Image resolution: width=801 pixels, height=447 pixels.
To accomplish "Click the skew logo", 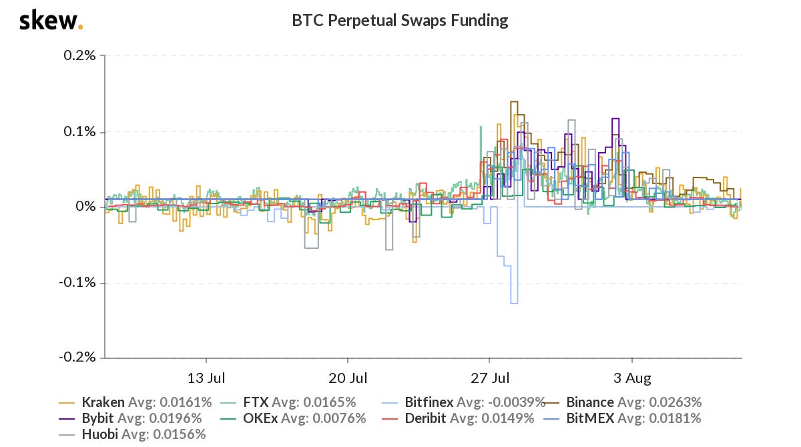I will (51, 21).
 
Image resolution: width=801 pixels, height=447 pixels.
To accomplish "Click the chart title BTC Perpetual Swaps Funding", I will (400, 21).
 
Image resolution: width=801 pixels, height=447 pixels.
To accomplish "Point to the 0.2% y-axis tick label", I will (80, 55).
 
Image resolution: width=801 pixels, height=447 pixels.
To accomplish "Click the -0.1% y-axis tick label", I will (78, 282).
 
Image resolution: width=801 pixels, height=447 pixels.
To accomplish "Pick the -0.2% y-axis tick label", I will (78, 358).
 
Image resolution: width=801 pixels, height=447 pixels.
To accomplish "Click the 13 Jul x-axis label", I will (206, 378).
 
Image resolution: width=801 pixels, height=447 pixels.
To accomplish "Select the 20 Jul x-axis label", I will (348, 378).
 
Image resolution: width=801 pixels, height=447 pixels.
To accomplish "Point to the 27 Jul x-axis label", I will (489, 378).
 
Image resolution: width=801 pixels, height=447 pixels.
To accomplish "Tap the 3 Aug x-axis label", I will (631, 378).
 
